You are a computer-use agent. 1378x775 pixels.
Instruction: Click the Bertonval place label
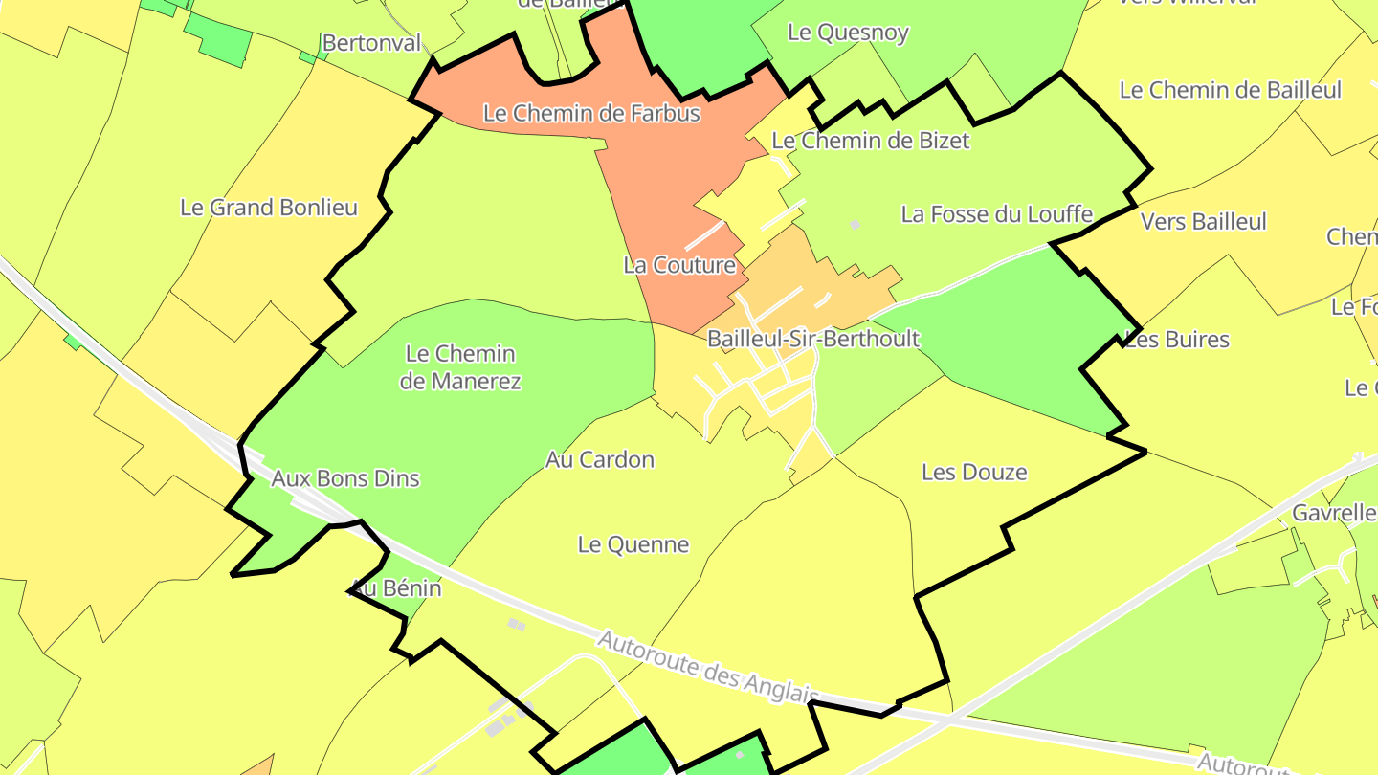[371, 43]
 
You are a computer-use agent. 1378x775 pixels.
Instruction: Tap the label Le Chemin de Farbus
[591, 113]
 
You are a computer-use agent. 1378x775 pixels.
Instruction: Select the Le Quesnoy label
[848, 32]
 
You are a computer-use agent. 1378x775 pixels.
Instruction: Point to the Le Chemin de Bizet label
[870, 141]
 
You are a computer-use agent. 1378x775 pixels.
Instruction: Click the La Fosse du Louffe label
[996, 214]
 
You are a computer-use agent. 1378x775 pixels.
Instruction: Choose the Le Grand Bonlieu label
[268, 208]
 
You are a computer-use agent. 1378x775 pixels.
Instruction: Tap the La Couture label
[679, 265]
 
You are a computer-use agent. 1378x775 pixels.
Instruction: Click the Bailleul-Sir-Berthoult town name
[812, 339]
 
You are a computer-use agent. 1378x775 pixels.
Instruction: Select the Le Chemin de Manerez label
[461, 367]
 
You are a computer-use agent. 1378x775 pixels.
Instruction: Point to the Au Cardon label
[600, 460]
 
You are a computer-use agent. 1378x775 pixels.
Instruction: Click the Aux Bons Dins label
[345, 478]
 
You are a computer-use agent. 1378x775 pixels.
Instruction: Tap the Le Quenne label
[633, 545]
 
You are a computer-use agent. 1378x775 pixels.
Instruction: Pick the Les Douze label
[974, 472]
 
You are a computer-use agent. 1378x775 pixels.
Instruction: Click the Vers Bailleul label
[1203, 222]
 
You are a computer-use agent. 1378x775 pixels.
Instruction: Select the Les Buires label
[1178, 340]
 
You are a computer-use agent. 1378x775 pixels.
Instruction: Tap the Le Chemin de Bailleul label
[1231, 90]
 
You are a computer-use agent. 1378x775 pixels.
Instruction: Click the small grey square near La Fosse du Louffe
[856, 225]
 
